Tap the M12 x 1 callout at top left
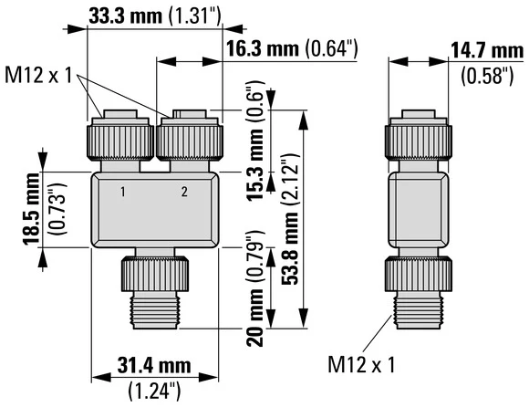click(x=39, y=72)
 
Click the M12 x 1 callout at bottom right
click(x=362, y=365)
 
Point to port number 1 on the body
click(x=123, y=192)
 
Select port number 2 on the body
click(x=184, y=192)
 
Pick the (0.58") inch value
click(x=488, y=77)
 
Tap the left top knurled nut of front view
click(x=115, y=138)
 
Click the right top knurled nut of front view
click(x=190, y=138)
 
